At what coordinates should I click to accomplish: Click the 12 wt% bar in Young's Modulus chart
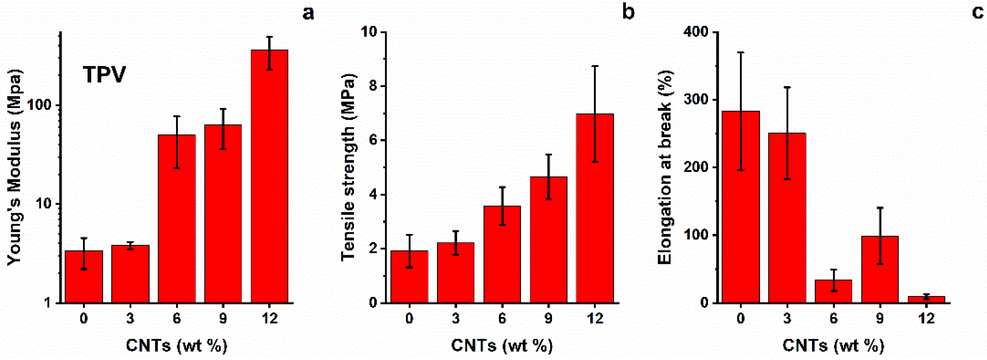269,176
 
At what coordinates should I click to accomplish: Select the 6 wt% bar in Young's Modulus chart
177,218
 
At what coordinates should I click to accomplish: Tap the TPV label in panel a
104,74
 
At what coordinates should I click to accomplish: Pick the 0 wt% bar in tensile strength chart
409,276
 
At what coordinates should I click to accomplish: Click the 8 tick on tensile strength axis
372,86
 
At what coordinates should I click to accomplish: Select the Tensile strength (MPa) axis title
348,167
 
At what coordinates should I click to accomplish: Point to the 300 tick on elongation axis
697,100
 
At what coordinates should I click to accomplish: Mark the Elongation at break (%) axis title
665,167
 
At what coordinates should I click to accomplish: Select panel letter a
308,13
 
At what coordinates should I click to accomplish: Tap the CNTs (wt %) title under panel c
833,346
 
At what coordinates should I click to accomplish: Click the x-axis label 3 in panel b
456,319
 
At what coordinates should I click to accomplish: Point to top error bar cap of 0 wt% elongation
741,52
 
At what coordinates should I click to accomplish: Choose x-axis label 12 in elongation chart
926,319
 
